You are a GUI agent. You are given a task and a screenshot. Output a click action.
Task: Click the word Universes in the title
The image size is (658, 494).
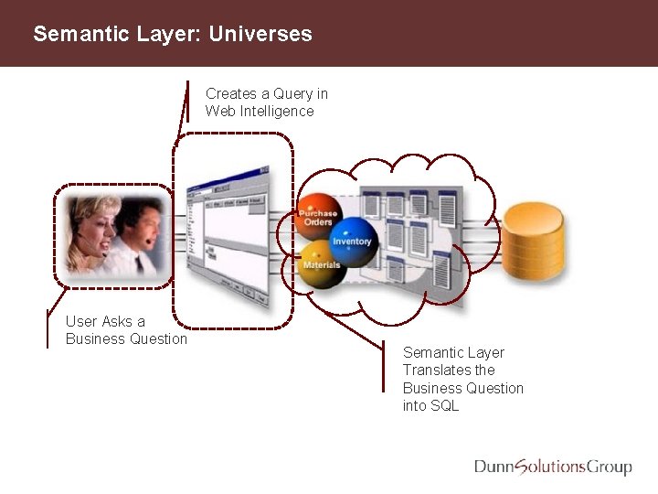pos(260,35)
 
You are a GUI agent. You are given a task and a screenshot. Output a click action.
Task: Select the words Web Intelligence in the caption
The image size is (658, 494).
pos(260,112)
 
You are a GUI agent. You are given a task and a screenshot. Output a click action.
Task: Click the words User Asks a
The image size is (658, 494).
pos(105,321)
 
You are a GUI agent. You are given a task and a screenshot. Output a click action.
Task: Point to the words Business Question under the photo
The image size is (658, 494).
pos(126,339)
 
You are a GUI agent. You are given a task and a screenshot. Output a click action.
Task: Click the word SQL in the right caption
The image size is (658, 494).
pos(442,405)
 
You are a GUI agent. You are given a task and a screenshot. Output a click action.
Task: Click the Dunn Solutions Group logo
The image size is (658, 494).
pos(552,467)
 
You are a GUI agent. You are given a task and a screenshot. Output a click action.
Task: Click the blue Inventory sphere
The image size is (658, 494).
pos(353,240)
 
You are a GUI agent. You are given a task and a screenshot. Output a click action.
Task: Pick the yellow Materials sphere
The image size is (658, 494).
pos(320,263)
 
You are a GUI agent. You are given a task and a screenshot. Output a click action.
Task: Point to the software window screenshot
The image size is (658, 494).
pos(228,233)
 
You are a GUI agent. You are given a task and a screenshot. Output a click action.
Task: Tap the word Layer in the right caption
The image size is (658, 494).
pos(485,353)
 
